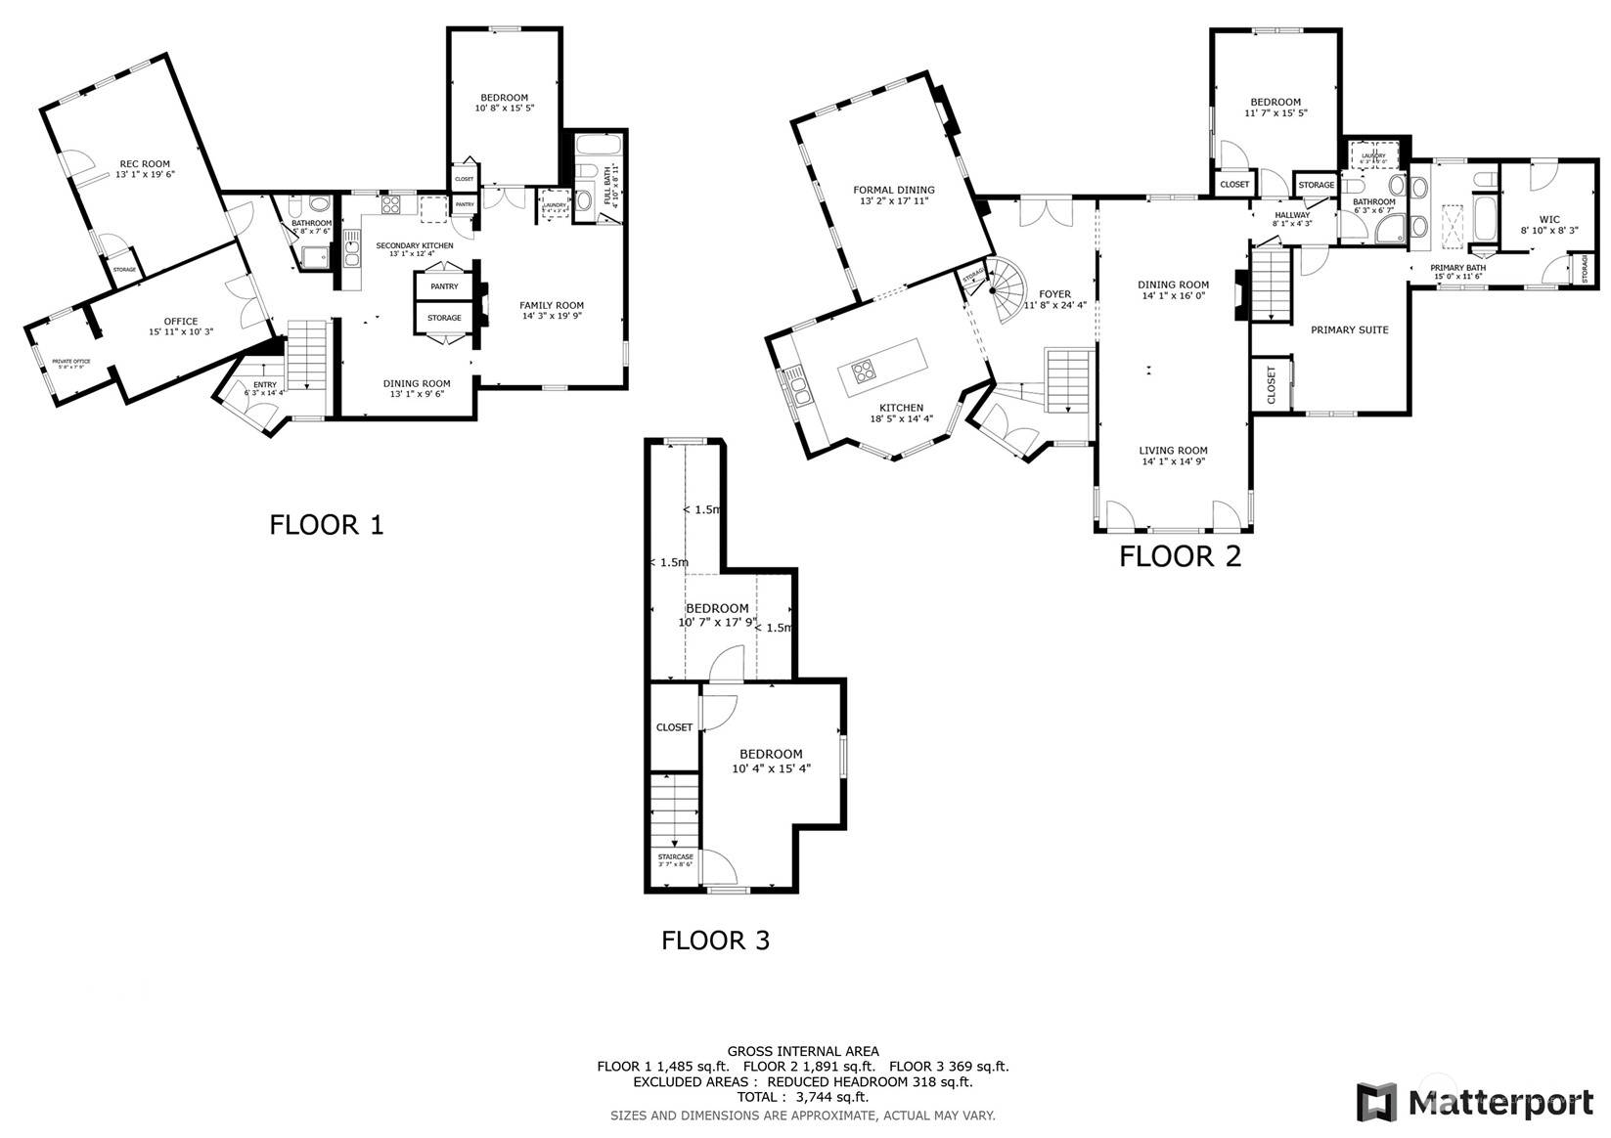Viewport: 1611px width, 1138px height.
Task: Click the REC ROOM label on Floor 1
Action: pyautogui.click(x=145, y=164)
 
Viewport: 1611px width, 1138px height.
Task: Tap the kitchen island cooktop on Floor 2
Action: pyautogui.click(x=864, y=371)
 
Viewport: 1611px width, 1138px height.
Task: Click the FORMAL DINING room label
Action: pyautogui.click(x=893, y=191)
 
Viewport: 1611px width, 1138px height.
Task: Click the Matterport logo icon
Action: pyautogui.click(x=1376, y=1102)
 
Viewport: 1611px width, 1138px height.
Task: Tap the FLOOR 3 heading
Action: pyautogui.click(x=715, y=941)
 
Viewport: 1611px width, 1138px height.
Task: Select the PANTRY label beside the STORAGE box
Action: pyautogui.click(x=444, y=286)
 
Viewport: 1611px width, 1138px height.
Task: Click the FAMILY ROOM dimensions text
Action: pyautogui.click(x=552, y=316)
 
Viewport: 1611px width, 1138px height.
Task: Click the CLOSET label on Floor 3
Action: pyautogui.click(x=674, y=727)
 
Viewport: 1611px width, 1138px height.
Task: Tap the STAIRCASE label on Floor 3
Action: pyautogui.click(x=675, y=856)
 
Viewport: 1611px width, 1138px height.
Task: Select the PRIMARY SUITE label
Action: pyautogui.click(x=1349, y=330)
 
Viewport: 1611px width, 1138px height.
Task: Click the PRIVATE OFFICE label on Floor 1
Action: pyautogui.click(x=71, y=362)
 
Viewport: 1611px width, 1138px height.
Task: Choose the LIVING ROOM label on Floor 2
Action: pyautogui.click(x=1173, y=451)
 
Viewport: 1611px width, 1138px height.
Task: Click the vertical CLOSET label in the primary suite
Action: pyautogui.click(x=1272, y=384)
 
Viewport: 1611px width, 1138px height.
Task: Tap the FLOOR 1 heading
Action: pyautogui.click(x=327, y=525)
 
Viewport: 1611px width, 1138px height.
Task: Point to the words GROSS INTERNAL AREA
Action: pyautogui.click(x=802, y=1051)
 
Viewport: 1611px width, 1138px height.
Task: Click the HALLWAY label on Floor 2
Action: pyautogui.click(x=1291, y=215)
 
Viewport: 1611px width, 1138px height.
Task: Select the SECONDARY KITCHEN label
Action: pyautogui.click(x=415, y=245)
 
